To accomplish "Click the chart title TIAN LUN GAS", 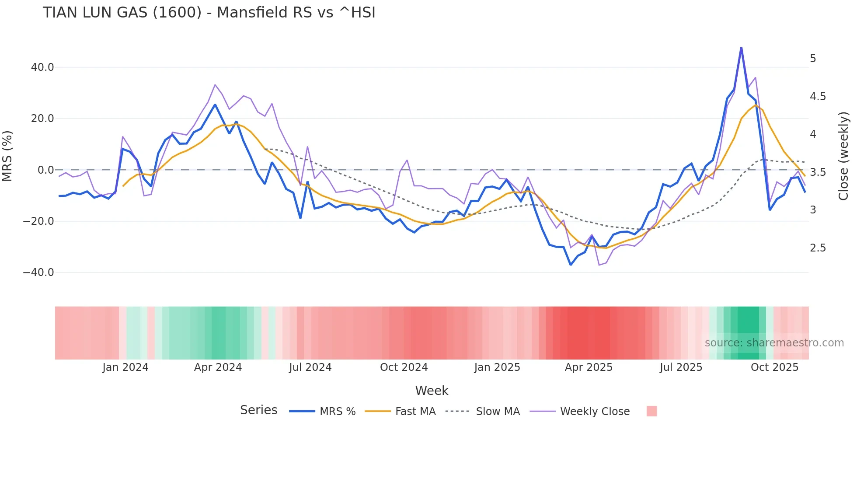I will [x=209, y=13].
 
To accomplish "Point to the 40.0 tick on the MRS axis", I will [x=42, y=67].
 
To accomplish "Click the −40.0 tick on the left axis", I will [x=38, y=272].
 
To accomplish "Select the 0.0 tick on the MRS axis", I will [x=45, y=170].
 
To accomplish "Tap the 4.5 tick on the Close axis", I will [x=818, y=97].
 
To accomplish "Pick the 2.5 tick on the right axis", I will [x=818, y=248].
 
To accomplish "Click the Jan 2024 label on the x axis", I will [x=125, y=367].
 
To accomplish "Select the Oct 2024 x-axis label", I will [x=404, y=367].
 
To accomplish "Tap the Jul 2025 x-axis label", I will [x=681, y=367].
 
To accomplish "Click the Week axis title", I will [x=432, y=391].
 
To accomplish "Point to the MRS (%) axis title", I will [x=7, y=156].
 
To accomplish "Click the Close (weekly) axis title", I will [x=843, y=156].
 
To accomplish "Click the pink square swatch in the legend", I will [x=651, y=411].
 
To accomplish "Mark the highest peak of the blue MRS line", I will [x=741, y=47].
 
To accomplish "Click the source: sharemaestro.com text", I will [x=774, y=343].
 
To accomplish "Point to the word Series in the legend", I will [x=258, y=410].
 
